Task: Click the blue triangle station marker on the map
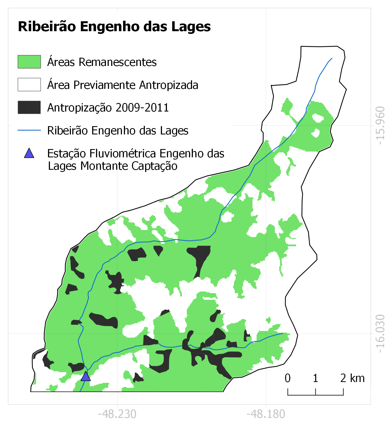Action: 86,377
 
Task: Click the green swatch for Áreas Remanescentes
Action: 29,62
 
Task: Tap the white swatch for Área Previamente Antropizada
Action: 29,84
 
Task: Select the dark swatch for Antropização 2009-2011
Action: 29,107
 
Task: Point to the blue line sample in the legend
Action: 29,130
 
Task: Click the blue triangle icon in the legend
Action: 29,153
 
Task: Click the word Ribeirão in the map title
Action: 47,27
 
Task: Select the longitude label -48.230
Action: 117,414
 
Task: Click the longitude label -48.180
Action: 265,414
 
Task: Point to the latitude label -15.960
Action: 380,125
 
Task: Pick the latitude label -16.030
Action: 380,333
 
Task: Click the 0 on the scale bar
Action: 288,378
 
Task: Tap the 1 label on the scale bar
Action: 315,378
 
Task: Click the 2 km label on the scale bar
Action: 352,378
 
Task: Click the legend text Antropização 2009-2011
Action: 108,107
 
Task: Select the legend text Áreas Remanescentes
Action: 102,62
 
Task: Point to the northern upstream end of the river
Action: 332,58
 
